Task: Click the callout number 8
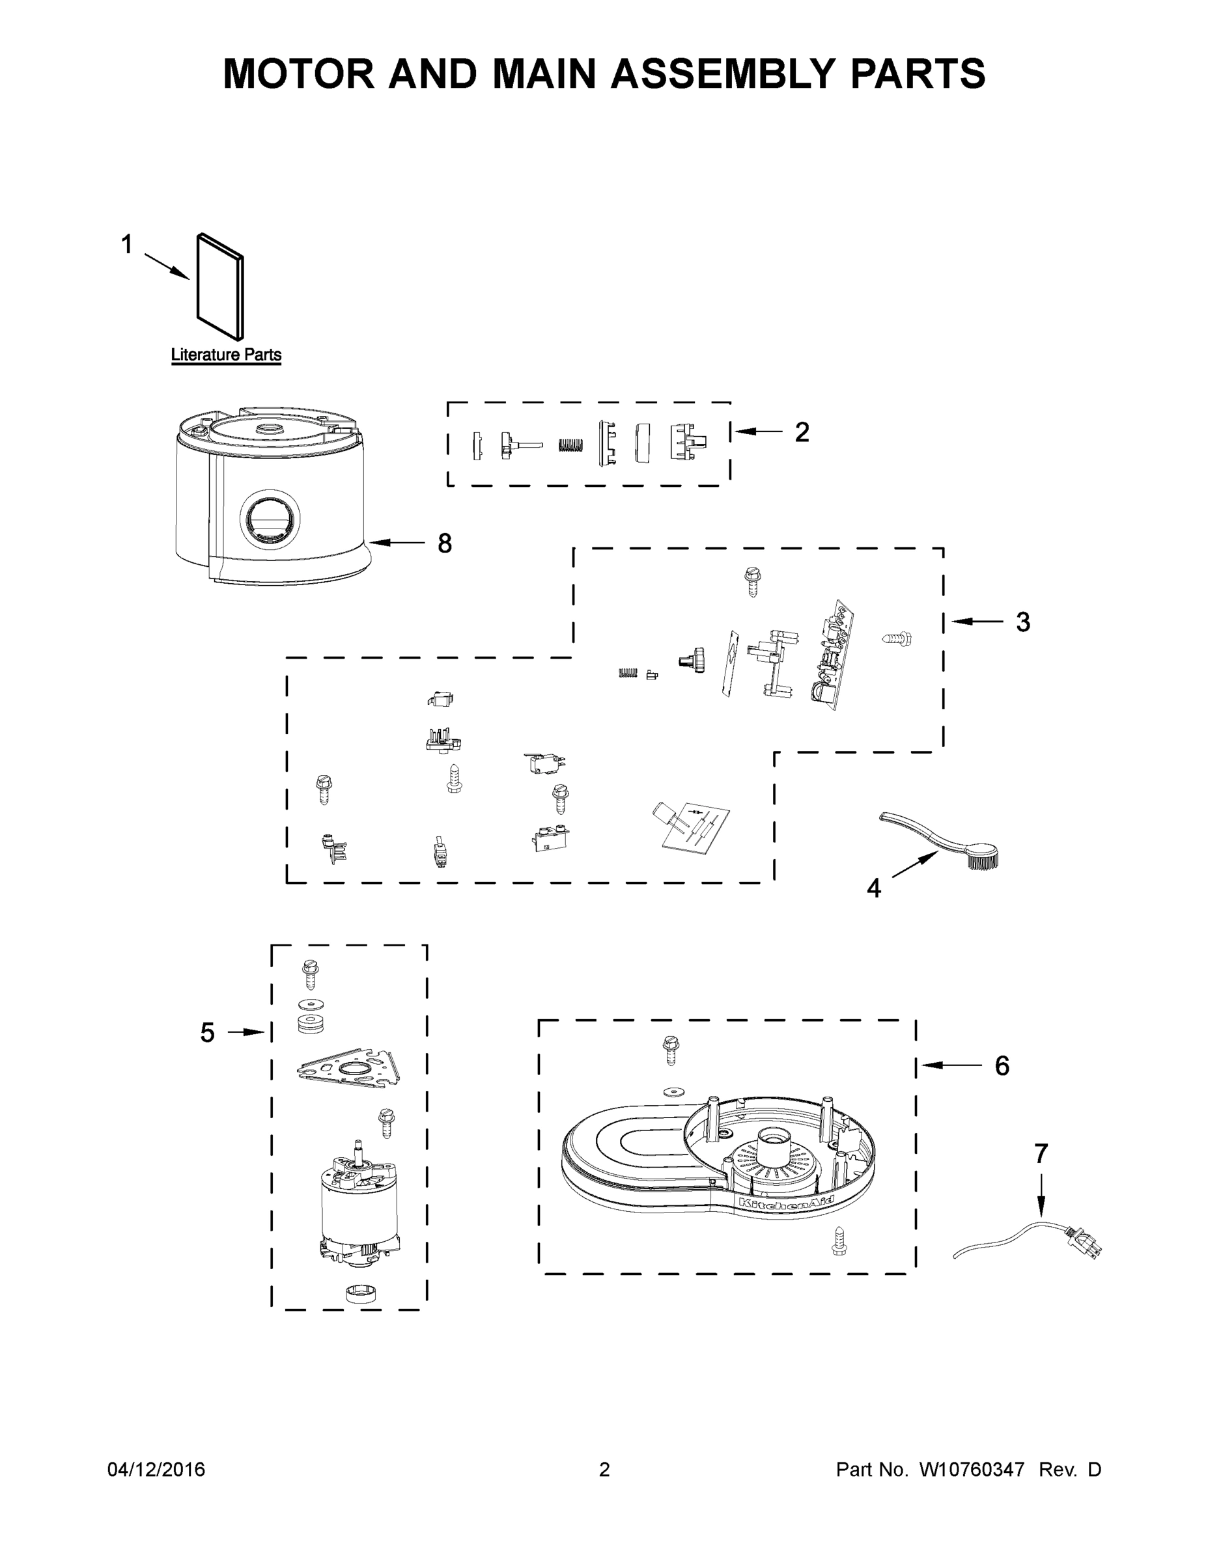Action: pos(444,543)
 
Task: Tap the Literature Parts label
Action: pos(226,355)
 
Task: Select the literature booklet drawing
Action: pos(220,286)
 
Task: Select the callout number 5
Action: pos(207,1033)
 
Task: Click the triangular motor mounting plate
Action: pos(349,1069)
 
